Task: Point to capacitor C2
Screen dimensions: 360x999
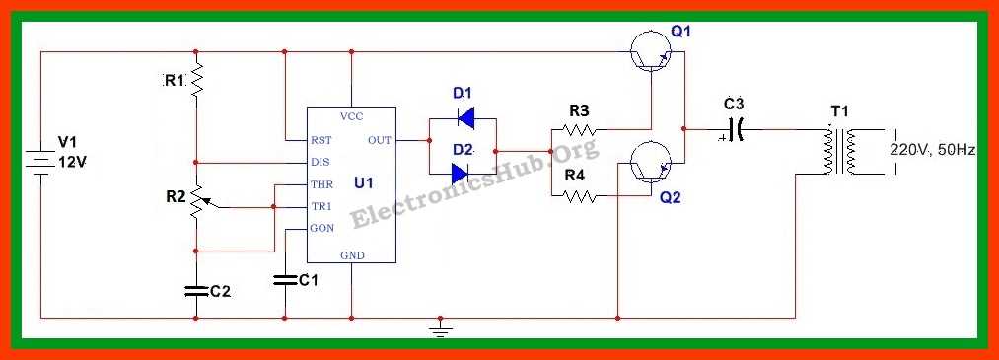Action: pos(196,290)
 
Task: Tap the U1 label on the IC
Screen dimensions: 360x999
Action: pos(364,183)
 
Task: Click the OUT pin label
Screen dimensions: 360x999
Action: pos(379,140)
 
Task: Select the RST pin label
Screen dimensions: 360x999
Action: pos(321,140)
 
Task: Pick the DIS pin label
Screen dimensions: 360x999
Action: pos(321,162)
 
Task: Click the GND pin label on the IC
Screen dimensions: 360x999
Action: pos(352,254)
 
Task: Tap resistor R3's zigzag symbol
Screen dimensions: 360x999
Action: pos(577,129)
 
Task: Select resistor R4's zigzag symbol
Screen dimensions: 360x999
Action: pos(577,195)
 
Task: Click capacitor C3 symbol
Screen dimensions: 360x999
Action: pos(734,129)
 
